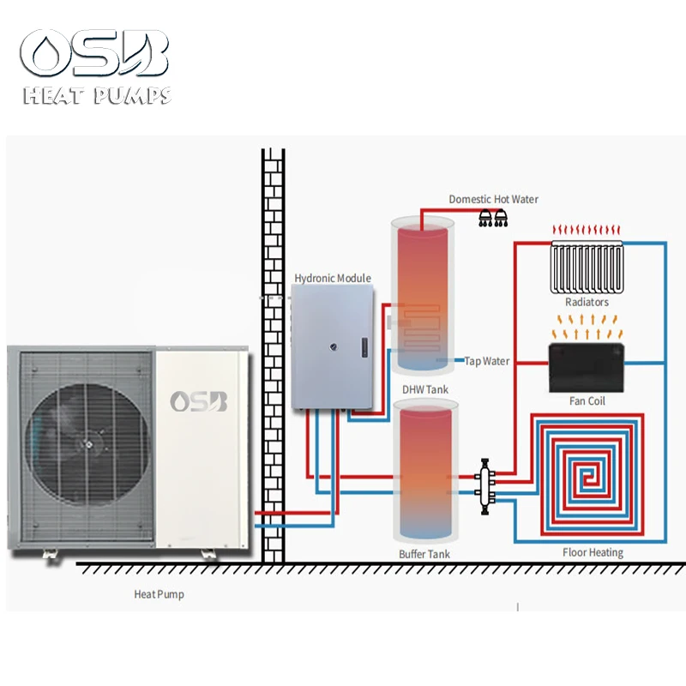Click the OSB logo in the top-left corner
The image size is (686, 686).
[96, 52]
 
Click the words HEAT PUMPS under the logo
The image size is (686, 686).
[96, 96]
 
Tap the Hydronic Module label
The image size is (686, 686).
[333, 278]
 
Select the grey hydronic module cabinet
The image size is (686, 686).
[333, 347]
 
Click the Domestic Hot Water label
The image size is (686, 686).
[493, 199]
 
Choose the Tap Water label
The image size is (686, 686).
[487, 361]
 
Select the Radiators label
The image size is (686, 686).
[587, 302]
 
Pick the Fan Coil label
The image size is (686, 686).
[587, 400]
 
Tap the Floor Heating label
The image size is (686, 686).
[593, 552]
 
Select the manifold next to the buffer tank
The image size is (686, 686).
[488, 482]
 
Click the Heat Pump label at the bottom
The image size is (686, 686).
[159, 594]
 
